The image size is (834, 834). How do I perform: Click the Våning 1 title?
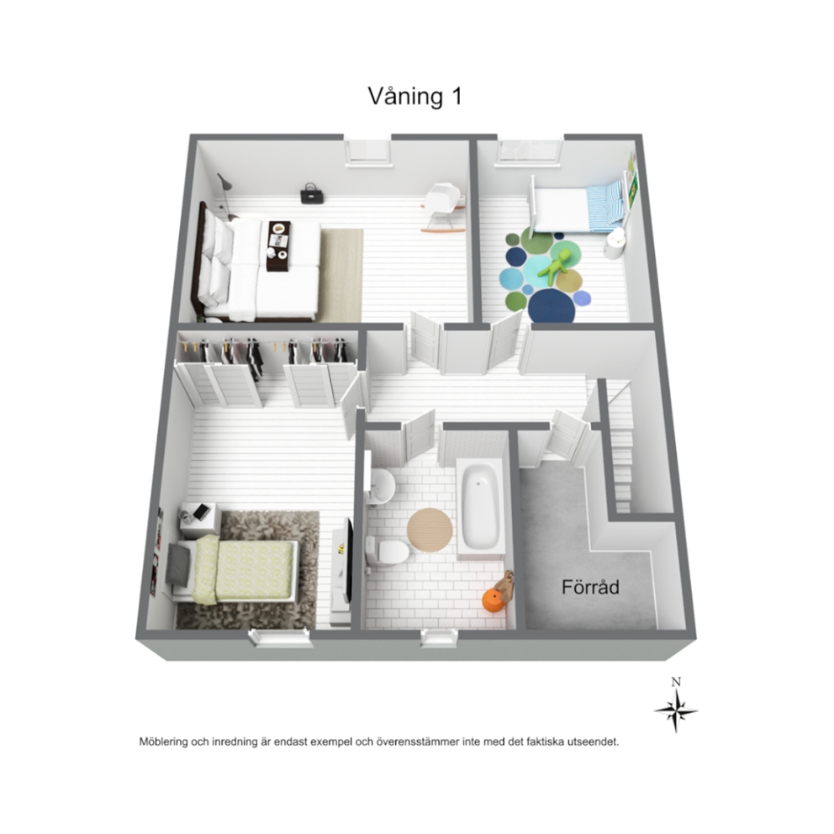coord(414,97)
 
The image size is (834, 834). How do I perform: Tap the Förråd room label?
coord(590,587)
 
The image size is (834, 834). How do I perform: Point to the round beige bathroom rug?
coord(430,530)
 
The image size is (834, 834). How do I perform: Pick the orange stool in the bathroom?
coord(493,601)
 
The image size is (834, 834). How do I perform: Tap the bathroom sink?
coord(382,484)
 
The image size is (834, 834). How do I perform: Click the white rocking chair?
coord(445,205)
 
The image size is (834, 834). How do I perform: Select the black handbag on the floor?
coord(309,194)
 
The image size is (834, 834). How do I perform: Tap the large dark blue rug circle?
coord(552,305)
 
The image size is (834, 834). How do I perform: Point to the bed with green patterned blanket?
coord(231,571)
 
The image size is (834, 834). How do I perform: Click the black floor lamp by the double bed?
coord(227,197)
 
